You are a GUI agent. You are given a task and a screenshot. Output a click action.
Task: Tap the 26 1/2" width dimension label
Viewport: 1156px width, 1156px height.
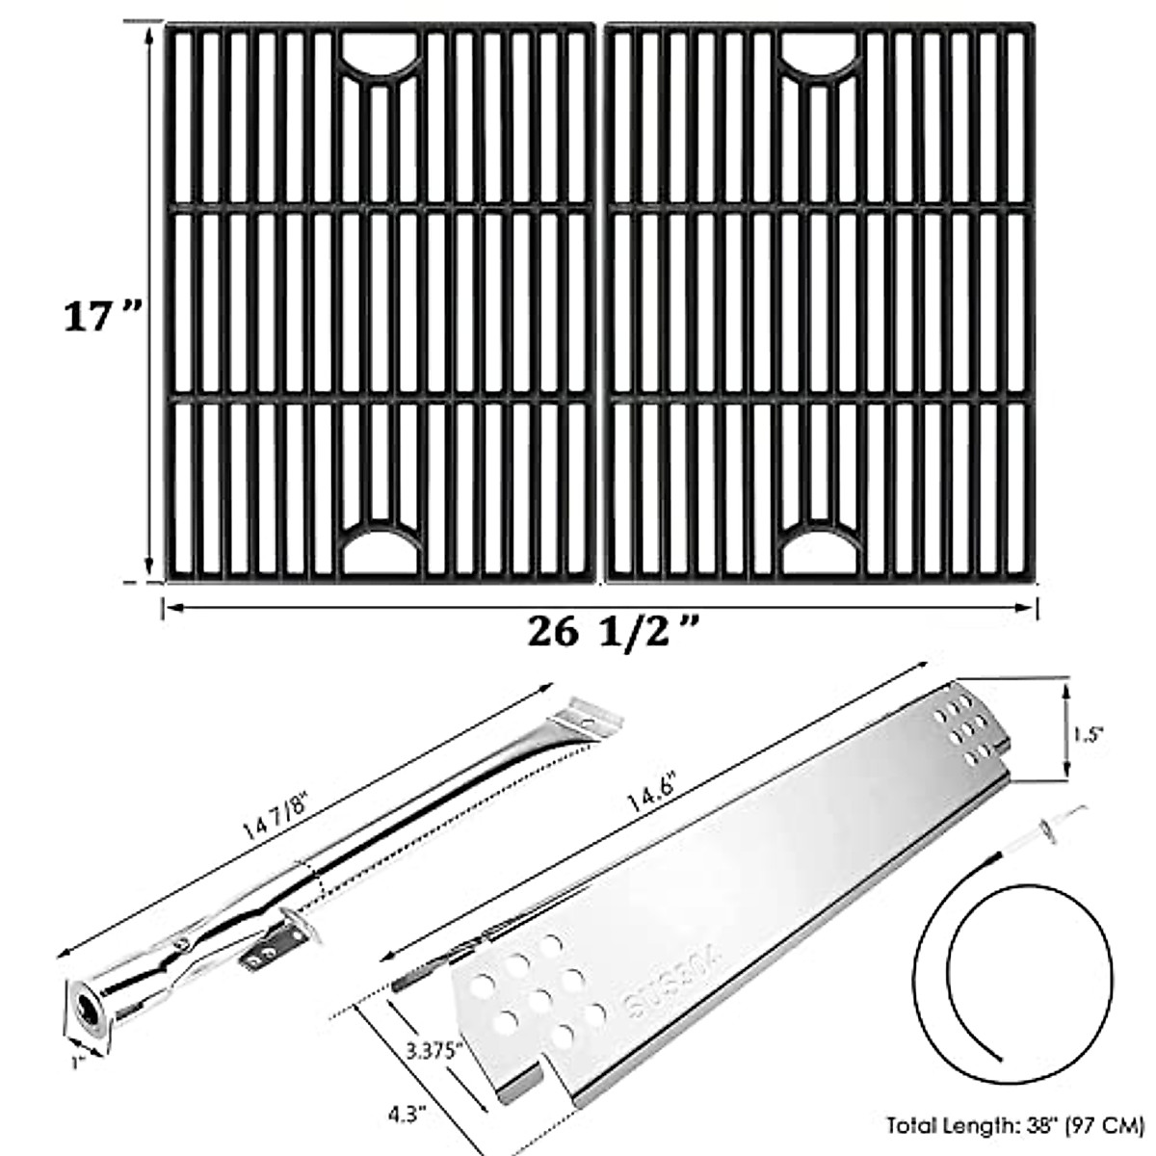[613, 634]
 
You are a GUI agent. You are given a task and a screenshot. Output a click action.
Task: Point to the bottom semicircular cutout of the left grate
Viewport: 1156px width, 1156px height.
[381, 549]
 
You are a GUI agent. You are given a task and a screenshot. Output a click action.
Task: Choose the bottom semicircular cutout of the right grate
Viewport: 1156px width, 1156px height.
[822, 549]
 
